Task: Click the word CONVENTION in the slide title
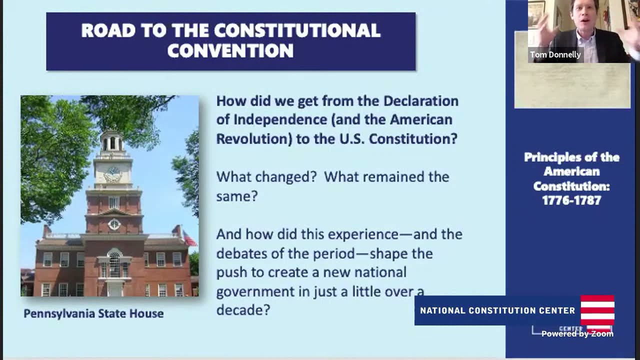click(230, 50)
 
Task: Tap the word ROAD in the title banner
click(101, 30)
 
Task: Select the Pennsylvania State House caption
click(93, 313)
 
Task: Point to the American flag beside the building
click(189, 238)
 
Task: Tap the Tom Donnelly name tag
click(555, 54)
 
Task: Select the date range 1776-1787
click(571, 200)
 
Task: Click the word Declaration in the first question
click(420, 101)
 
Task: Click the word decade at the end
click(242, 310)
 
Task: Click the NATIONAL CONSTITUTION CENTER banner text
click(497, 310)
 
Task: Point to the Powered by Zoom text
click(577, 333)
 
